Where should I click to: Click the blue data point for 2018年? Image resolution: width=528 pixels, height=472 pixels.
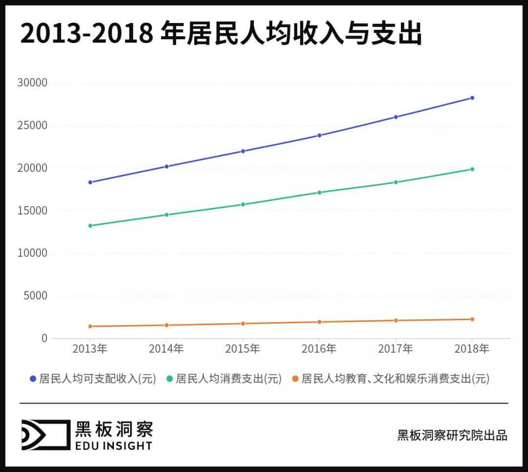(x=472, y=98)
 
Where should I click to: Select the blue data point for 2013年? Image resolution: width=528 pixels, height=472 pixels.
(x=90, y=182)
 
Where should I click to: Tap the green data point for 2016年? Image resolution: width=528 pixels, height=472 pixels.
(x=319, y=192)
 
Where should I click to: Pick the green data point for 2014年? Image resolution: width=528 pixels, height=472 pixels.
(x=166, y=215)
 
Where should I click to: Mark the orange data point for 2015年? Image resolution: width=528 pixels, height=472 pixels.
(x=243, y=324)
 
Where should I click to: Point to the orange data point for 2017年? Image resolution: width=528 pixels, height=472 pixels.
(x=396, y=321)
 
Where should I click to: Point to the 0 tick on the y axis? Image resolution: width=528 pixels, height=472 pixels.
(x=44, y=338)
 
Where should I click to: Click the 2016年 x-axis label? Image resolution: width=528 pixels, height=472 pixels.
(x=319, y=349)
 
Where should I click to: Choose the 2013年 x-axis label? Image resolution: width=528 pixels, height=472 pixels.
(x=90, y=349)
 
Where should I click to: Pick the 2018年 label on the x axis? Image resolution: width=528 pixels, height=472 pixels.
(x=472, y=349)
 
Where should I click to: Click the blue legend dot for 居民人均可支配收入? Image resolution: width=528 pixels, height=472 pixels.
(x=33, y=379)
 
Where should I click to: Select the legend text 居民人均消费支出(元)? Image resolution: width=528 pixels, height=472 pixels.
(x=228, y=379)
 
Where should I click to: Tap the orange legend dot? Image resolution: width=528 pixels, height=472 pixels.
(x=295, y=379)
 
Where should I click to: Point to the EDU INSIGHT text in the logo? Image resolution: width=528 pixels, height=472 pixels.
(x=113, y=446)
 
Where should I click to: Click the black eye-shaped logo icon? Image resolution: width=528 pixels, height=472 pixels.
(x=45, y=435)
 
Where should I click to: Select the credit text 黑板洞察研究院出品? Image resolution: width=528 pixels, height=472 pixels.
(x=452, y=435)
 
